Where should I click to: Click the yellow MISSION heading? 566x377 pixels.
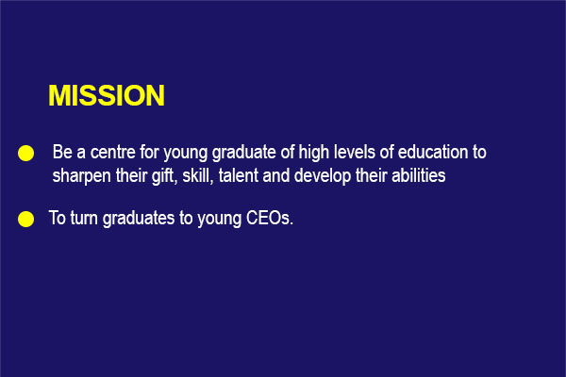click(x=107, y=95)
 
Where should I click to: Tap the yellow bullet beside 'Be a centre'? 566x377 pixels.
click(x=26, y=153)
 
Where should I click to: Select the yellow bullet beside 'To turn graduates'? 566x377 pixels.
click(x=26, y=220)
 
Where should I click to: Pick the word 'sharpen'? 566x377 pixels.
click(x=81, y=175)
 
